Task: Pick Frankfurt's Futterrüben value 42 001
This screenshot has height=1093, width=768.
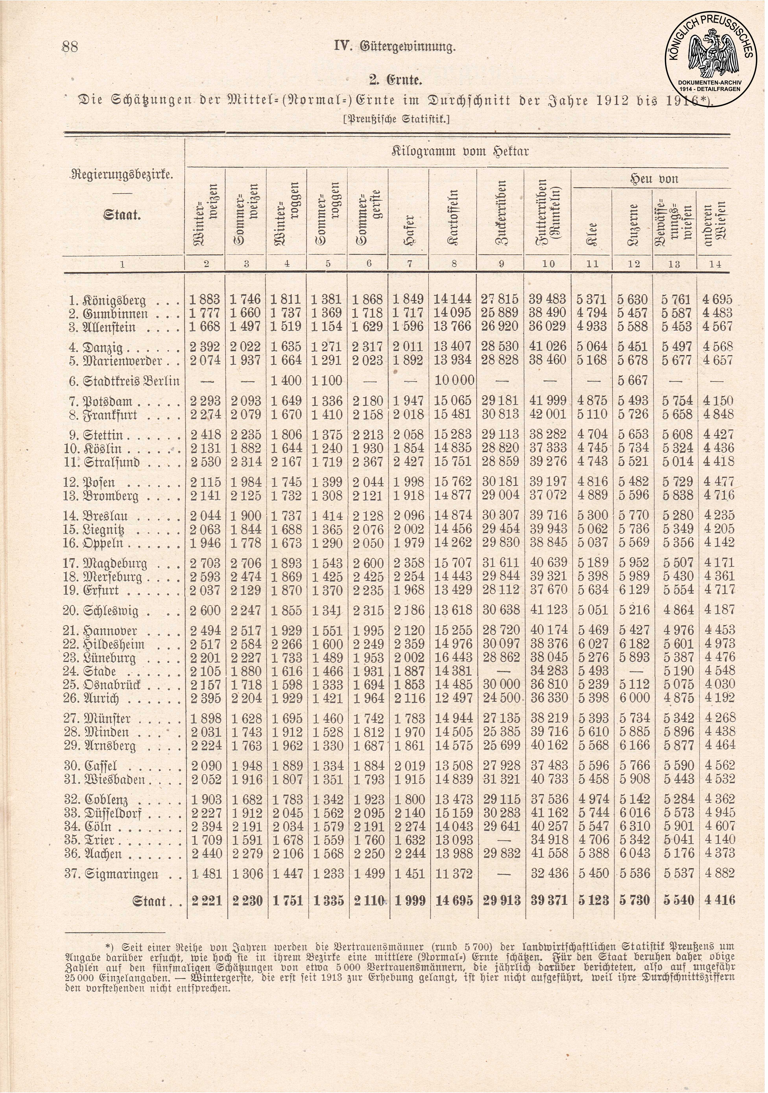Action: (548, 414)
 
